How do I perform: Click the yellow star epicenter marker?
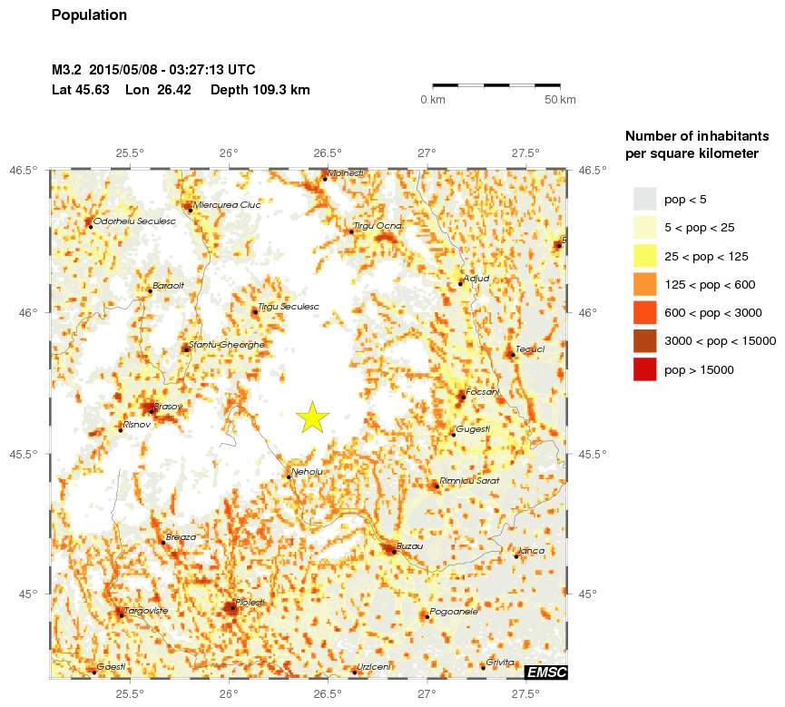pos(311,417)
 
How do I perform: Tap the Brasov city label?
pos(168,406)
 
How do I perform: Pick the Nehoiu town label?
pos(307,471)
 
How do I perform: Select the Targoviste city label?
pos(145,610)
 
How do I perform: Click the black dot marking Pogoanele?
pos(427,617)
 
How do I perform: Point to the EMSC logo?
pos(546,672)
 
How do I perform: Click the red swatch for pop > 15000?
pos(644,369)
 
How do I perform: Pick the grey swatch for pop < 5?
pos(644,199)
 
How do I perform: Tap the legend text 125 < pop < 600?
pos(710,285)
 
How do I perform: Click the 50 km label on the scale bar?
pos(560,99)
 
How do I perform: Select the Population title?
pos(89,15)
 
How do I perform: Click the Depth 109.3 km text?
pos(260,90)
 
